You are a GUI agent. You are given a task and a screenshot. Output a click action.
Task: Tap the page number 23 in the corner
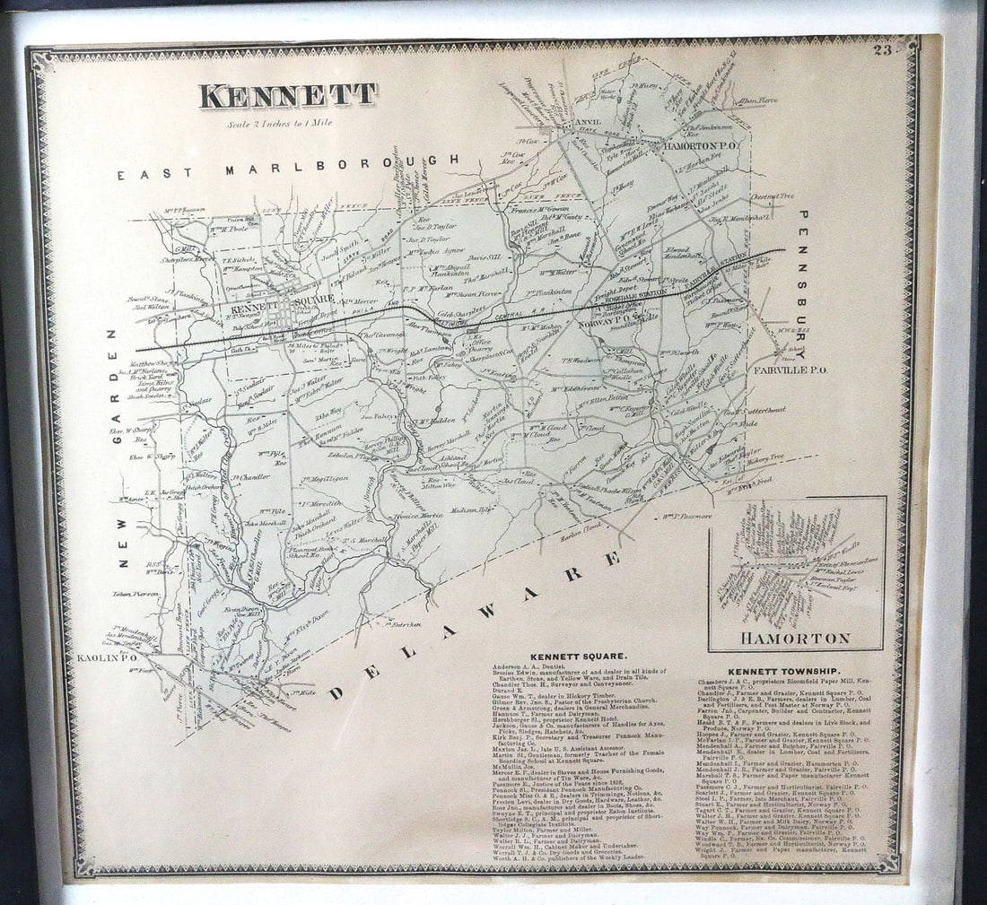point(882,49)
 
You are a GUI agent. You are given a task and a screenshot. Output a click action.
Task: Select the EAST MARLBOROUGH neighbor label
point(288,166)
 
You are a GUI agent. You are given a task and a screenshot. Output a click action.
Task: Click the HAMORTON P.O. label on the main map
point(701,144)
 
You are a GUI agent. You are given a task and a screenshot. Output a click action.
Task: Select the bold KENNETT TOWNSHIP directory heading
point(783,671)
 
